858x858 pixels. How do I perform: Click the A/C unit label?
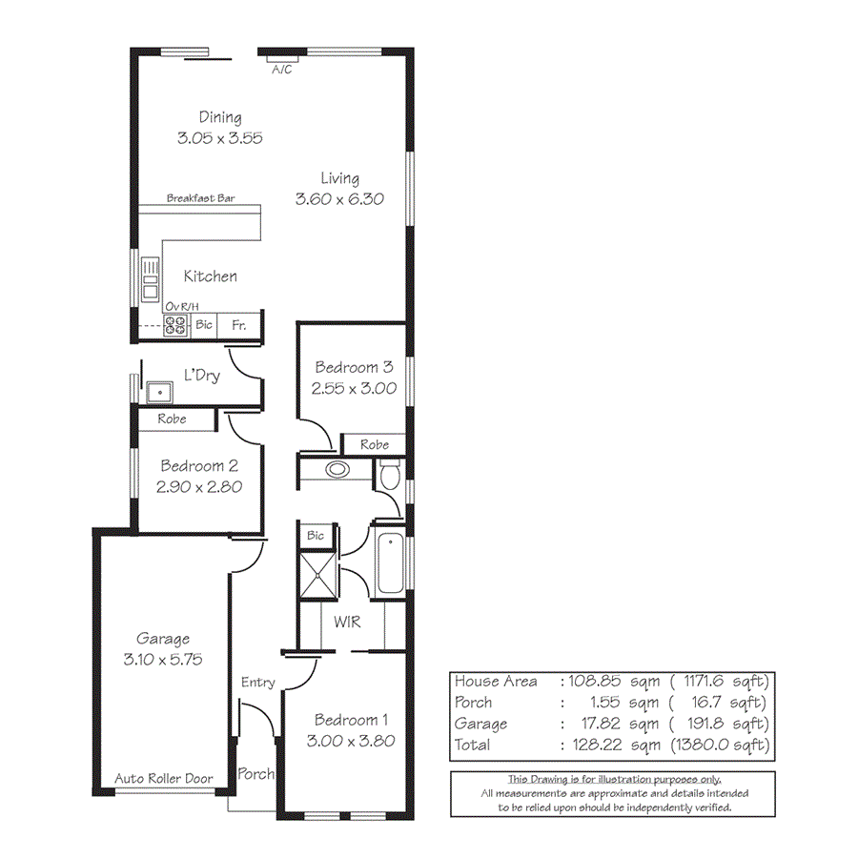[282, 70]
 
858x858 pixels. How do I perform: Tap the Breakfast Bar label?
[200, 198]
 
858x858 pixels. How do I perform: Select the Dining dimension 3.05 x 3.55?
[219, 137]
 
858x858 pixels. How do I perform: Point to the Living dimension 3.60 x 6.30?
[339, 199]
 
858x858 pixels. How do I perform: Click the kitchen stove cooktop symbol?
[175, 326]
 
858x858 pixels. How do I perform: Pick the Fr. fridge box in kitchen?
[239, 325]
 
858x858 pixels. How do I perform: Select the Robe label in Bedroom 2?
[173, 419]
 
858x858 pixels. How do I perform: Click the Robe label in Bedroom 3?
[375, 444]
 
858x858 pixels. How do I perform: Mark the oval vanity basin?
[337, 469]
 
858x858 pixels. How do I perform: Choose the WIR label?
[346, 623]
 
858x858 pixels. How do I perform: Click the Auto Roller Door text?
[164, 779]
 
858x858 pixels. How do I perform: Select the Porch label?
[255, 773]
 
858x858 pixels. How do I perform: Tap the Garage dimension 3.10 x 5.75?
[162, 659]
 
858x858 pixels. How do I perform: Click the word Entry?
[258, 682]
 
